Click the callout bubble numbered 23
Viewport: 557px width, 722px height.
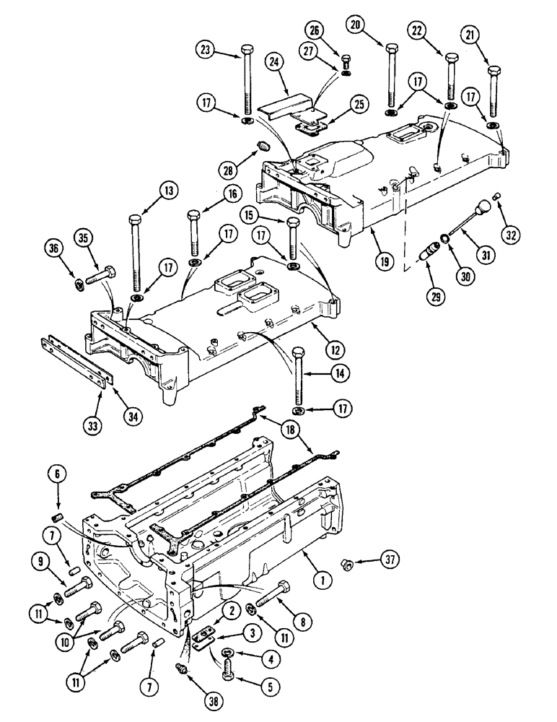(x=206, y=51)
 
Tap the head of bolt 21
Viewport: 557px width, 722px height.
(x=494, y=71)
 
